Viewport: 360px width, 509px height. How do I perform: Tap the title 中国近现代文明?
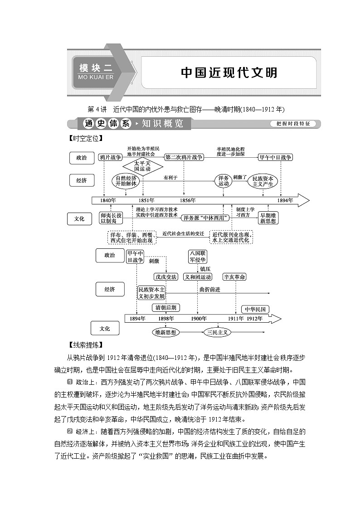pyautogui.click(x=229, y=73)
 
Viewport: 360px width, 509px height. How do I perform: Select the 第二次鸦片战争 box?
pyautogui.click(x=184, y=157)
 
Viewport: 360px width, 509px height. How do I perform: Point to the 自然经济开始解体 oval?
pyautogui.click(x=126, y=181)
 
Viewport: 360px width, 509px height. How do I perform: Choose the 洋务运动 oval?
pyautogui.click(x=224, y=181)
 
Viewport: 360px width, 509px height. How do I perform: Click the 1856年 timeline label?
pyautogui.click(x=188, y=200)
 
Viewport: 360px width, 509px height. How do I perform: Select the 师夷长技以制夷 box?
pyautogui.click(x=111, y=218)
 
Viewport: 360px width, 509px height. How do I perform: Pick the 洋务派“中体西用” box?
pyautogui.click(x=205, y=218)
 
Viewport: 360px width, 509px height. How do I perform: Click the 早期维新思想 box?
pyautogui.click(x=268, y=218)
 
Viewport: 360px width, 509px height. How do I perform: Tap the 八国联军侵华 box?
pyautogui.click(x=197, y=257)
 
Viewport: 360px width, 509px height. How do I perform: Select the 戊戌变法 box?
pyautogui.click(x=165, y=276)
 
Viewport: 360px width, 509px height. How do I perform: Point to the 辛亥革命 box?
pyautogui.click(x=234, y=276)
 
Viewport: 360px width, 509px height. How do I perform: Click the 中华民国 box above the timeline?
pyautogui.click(x=254, y=310)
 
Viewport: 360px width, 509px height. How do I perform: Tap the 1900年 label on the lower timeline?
pyautogui.click(x=198, y=319)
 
